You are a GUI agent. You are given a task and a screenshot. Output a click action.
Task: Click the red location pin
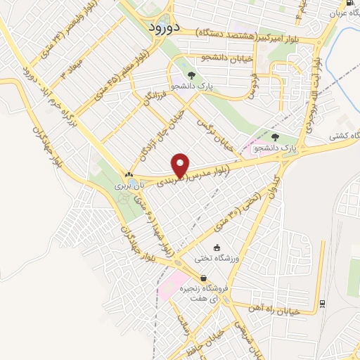(181, 165)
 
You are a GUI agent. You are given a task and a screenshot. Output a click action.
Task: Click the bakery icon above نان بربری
(129, 175)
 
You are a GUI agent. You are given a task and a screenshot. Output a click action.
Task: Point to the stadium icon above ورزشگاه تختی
(217, 247)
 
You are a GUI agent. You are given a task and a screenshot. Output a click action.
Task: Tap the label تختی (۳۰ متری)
(240, 207)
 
